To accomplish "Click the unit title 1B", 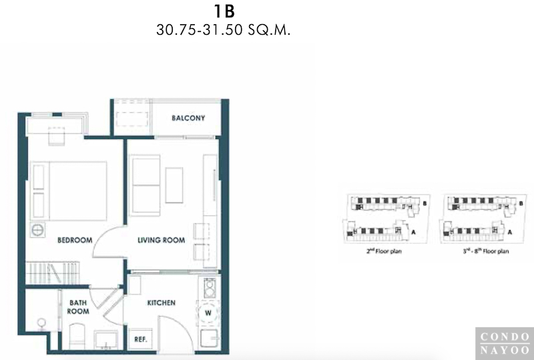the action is tap(224, 11).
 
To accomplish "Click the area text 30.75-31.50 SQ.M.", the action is tap(224, 30).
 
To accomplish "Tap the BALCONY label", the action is tap(188, 118).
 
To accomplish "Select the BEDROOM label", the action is tap(75, 240).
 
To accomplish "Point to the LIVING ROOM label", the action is tap(162, 240).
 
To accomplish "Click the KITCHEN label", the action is tap(162, 303).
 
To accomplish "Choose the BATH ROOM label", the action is tap(78, 307).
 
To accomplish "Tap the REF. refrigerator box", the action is tap(141, 339).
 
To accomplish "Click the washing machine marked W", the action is tap(208, 313).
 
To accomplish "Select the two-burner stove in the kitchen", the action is tap(210, 288).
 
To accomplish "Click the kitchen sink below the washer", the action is tap(209, 338).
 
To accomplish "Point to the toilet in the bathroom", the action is tap(77, 336).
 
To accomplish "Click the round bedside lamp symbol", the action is tap(37, 230).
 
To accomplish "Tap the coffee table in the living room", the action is tap(174, 185).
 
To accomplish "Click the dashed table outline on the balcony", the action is tap(132, 119).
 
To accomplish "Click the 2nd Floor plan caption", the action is tap(384, 251).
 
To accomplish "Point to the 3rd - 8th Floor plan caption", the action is tap(486, 251).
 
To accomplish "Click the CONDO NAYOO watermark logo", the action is tap(505, 343).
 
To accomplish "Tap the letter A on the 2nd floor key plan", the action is tap(413, 232).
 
